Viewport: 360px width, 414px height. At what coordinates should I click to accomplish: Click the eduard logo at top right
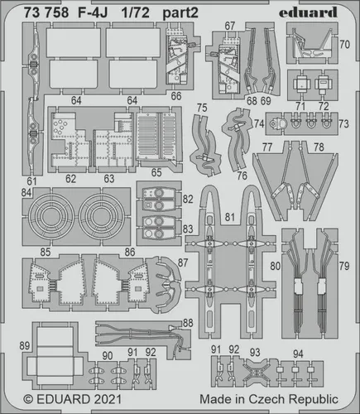pyautogui.click(x=308, y=12)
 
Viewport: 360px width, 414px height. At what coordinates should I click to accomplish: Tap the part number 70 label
pyautogui.click(x=344, y=44)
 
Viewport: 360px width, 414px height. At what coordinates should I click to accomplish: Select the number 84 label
pyautogui.click(x=26, y=192)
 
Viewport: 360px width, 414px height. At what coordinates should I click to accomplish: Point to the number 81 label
pyautogui.click(x=229, y=217)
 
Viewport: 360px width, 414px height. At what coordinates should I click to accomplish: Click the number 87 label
pyautogui.click(x=183, y=262)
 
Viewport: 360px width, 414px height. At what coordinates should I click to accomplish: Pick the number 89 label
pyautogui.click(x=25, y=345)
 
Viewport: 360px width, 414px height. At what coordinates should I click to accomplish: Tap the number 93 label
pyautogui.click(x=255, y=353)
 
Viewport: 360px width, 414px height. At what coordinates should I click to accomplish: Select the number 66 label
pyautogui.click(x=176, y=96)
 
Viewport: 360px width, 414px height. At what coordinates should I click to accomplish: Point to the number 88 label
pyautogui.click(x=188, y=323)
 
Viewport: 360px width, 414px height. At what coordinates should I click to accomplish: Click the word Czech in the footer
pyautogui.click(x=266, y=399)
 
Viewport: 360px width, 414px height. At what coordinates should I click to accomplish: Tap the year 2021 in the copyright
pyautogui.click(x=108, y=399)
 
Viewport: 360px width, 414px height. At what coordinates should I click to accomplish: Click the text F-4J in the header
pyautogui.click(x=93, y=12)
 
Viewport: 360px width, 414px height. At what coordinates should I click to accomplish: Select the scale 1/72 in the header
pyautogui.click(x=135, y=12)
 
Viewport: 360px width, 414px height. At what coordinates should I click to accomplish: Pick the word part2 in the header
pyautogui.click(x=180, y=13)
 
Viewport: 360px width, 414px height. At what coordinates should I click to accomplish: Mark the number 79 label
pyautogui.click(x=344, y=266)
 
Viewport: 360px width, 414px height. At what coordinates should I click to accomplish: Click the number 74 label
pyautogui.click(x=259, y=123)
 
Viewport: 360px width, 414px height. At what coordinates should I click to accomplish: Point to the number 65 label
pyautogui.click(x=156, y=172)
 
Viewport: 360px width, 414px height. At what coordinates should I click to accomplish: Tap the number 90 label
pyautogui.click(x=108, y=356)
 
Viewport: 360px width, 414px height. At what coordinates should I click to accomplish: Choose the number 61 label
pyautogui.click(x=31, y=181)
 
